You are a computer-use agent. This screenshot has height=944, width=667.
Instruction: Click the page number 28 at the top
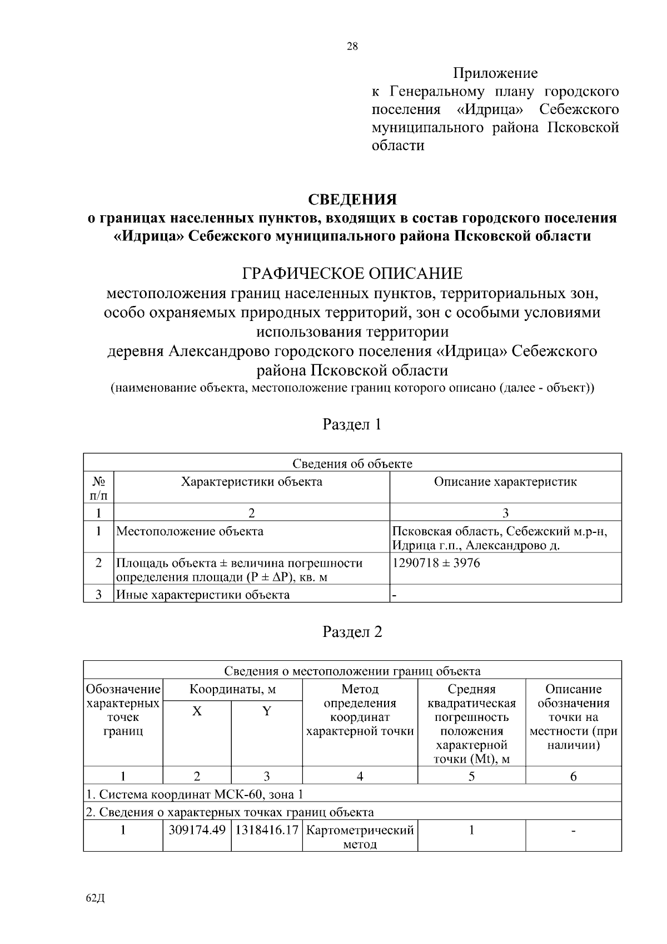click(x=352, y=47)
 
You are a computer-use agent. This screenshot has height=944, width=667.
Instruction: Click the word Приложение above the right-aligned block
click(x=495, y=73)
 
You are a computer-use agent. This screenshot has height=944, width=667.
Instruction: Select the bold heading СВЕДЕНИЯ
click(x=352, y=199)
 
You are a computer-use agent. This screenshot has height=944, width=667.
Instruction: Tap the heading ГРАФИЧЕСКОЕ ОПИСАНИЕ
click(x=352, y=274)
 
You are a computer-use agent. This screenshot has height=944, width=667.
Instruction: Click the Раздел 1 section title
click(x=352, y=424)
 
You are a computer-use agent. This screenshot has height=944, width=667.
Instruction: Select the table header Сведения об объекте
click(x=352, y=463)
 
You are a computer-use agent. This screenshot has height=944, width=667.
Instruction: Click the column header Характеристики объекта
click(x=252, y=482)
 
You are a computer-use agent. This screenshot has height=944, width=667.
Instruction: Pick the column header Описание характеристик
click(x=505, y=482)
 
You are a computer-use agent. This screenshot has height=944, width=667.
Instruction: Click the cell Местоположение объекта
click(x=190, y=531)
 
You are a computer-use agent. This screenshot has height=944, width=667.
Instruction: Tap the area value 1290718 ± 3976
click(x=436, y=563)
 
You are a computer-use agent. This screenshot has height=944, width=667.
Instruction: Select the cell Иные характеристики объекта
click(x=203, y=595)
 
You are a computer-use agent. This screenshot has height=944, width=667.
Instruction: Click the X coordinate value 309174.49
click(x=197, y=831)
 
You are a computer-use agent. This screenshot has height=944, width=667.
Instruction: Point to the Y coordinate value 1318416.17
click(x=267, y=831)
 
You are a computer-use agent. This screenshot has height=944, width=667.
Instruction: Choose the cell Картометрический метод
click(x=360, y=837)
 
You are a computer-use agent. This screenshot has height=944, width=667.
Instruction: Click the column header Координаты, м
click(x=232, y=690)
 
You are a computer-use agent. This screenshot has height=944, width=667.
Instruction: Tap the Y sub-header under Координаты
click(x=267, y=711)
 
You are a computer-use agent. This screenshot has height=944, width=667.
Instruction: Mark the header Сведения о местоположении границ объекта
click(x=352, y=671)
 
